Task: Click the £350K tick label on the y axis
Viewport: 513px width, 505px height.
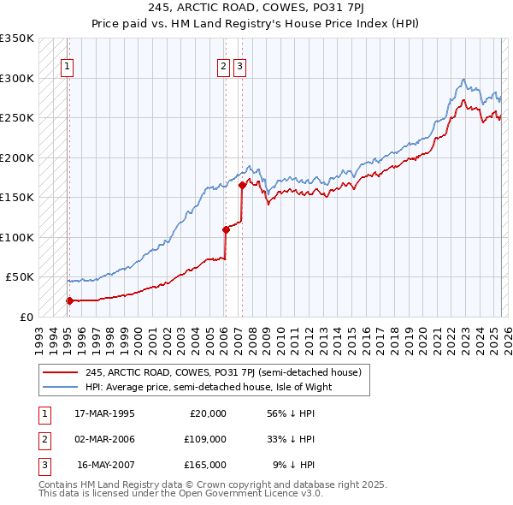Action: point(17,39)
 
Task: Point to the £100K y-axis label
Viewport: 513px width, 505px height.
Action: point(17,237)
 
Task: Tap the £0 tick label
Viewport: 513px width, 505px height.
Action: point(27,317)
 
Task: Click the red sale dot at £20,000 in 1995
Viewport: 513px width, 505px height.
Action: point(69,300)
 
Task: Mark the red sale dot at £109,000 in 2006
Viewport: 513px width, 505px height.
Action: point(226,229)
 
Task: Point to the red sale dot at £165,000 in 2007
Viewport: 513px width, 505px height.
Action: point(242,185)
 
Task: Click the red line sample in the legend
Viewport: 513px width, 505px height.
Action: point(59,372)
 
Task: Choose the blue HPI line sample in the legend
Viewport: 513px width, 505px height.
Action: point(59,387)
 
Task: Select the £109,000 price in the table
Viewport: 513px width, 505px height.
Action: point(205,439)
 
